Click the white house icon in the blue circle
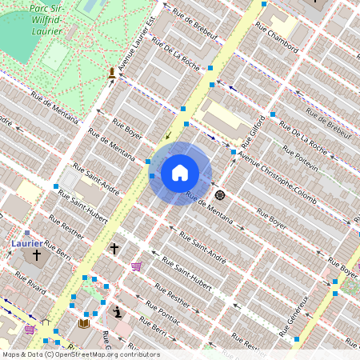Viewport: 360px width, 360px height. (x=180, y=173)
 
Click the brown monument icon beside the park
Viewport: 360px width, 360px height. (x=111, y=74)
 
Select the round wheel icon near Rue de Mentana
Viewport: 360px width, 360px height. (x=220, y=194)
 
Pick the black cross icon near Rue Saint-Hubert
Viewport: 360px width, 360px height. (x=114, y=249)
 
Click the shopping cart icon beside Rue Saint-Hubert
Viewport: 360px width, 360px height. (x=137, y=266)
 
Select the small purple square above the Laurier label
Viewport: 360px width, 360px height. (x=27, y=234)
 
